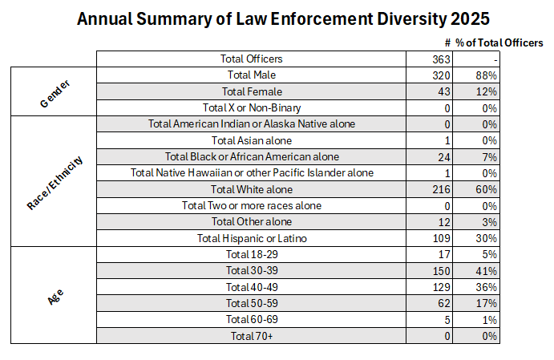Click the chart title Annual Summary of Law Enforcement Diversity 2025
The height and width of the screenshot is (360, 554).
283,18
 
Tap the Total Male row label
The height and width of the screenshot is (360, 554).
252,75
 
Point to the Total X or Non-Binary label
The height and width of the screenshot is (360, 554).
252,107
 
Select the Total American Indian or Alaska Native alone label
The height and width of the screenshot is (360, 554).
252,123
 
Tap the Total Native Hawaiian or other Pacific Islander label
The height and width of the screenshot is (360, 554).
252,172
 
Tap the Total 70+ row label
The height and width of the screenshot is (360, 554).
252,336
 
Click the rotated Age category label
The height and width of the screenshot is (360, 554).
55,295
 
